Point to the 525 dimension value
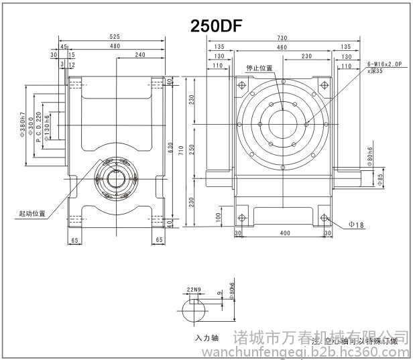(x=115, y=37)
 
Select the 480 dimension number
(x=115, y=46)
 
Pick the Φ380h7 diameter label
(x=23, y=125)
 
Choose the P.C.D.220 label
(x=39, y=129)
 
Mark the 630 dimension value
(x=170, y=146)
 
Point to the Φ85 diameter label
(x=379, y=179)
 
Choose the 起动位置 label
(x=32, y=214)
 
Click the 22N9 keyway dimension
(x=194, y=290)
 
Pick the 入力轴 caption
(x=206, y=337)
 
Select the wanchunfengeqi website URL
(x=322, y=351)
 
